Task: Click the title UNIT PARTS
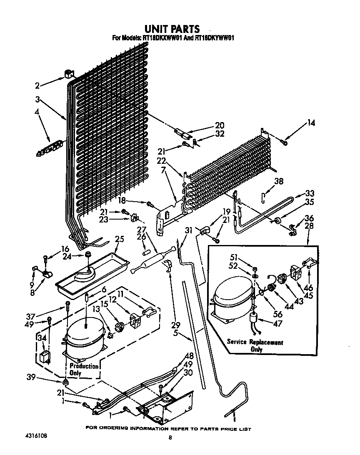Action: tap(172, 29)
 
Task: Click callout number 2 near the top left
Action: tap(37, 86)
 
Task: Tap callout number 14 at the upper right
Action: tap(311, 123)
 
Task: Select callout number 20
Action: tap(220, 125)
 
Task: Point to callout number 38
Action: tap(279, 181)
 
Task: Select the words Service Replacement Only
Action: tap(255, 346)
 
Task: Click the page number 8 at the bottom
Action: tap(170, 437)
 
